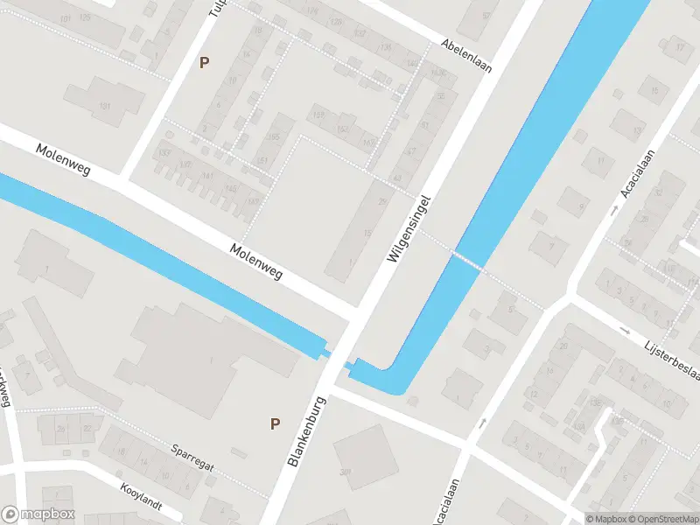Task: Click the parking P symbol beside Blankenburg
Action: point(275,423)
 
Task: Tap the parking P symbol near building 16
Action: point(205,62)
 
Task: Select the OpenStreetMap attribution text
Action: point(667,519)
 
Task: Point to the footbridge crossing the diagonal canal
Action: point(466,259)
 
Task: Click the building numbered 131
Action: point(105,106)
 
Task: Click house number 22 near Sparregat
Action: point(87,428)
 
